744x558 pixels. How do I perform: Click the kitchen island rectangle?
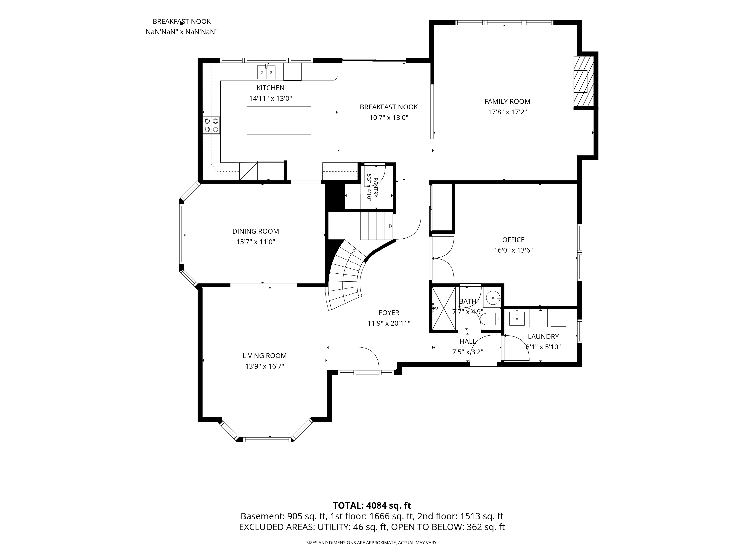pyautogui.click(x=279, y=120)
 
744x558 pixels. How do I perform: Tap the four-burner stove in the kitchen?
pyautogui.click(x=211, y=125)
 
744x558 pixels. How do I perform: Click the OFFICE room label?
pyautogui.click(x=513, y=240)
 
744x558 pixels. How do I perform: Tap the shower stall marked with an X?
pyautogui.click(x=444, y=308)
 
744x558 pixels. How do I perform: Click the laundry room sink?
pyautogui.click(x=516, y=318)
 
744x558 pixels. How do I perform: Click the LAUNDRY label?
pyautogui.click(x=543, y=336)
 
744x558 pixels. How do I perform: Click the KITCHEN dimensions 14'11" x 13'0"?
pyautogui.click(x=270, y=99)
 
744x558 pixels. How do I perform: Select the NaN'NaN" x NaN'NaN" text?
pyautogui.click(x=182, y=32)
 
